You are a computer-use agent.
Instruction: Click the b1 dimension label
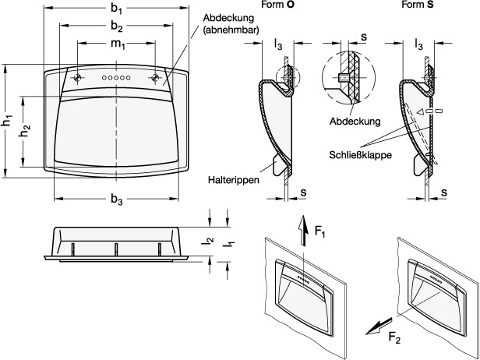click(x=117, y=9)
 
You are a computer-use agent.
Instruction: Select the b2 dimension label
click(x=117, y=26)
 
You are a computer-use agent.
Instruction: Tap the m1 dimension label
click(x=117, y=44)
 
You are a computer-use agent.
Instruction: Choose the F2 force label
click(x=395, y=337)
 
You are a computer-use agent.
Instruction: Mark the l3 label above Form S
click(x=419, y=45)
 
